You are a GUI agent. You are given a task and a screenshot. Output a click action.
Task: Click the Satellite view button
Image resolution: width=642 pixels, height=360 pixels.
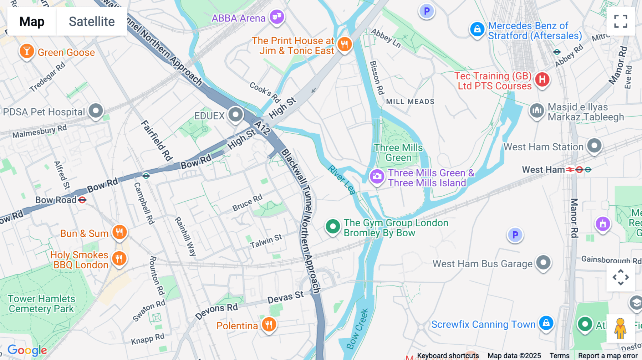click(92, 21)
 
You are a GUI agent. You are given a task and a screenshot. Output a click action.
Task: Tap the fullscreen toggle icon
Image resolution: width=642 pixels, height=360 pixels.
click(621, 21)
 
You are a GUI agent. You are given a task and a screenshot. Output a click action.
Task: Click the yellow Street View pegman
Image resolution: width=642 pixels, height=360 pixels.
click(620, 328)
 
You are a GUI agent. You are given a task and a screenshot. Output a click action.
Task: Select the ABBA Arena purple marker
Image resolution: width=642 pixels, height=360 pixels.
click(277, 17)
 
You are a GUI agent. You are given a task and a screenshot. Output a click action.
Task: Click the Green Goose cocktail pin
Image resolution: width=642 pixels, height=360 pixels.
click(27, 51)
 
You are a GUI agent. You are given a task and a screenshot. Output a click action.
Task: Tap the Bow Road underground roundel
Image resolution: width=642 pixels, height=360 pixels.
click(82, 200)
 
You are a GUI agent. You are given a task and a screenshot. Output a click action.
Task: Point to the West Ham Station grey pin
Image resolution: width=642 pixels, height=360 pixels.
click(594, 146)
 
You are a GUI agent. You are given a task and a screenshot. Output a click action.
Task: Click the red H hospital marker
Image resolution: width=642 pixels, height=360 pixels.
click(542, 79)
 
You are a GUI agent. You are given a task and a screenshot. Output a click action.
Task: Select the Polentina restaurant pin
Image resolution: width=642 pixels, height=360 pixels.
click(269, 325)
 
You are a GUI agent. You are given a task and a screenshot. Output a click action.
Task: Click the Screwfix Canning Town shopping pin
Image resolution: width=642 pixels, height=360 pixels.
click(546, 323)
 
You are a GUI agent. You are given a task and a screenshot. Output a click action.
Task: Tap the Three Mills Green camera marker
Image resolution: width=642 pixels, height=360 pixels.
click(377, 176)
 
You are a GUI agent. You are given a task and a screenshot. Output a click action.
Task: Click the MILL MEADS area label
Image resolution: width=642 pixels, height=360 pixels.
click(410, 102)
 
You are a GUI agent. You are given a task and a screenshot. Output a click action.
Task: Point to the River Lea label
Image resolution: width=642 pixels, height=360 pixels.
click(342, 180)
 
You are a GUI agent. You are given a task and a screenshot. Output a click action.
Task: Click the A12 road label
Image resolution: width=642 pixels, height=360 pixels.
click(262, 128)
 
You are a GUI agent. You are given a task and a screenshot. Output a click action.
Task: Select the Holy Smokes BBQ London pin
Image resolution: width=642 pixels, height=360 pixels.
click(119, 258)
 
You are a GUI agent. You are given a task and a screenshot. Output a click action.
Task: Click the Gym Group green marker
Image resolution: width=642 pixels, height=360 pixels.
click(333, 227)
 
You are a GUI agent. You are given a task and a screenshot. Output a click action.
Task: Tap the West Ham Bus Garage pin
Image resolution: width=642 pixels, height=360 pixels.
click(544, 263)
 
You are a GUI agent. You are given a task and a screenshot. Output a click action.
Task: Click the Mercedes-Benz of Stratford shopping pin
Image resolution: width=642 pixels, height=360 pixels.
click(477, 30)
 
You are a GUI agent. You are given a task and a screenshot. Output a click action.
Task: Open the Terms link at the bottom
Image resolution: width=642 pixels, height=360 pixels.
click(559, 355)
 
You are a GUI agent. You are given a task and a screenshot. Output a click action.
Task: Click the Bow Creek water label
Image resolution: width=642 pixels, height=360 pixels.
click(357, 329)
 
